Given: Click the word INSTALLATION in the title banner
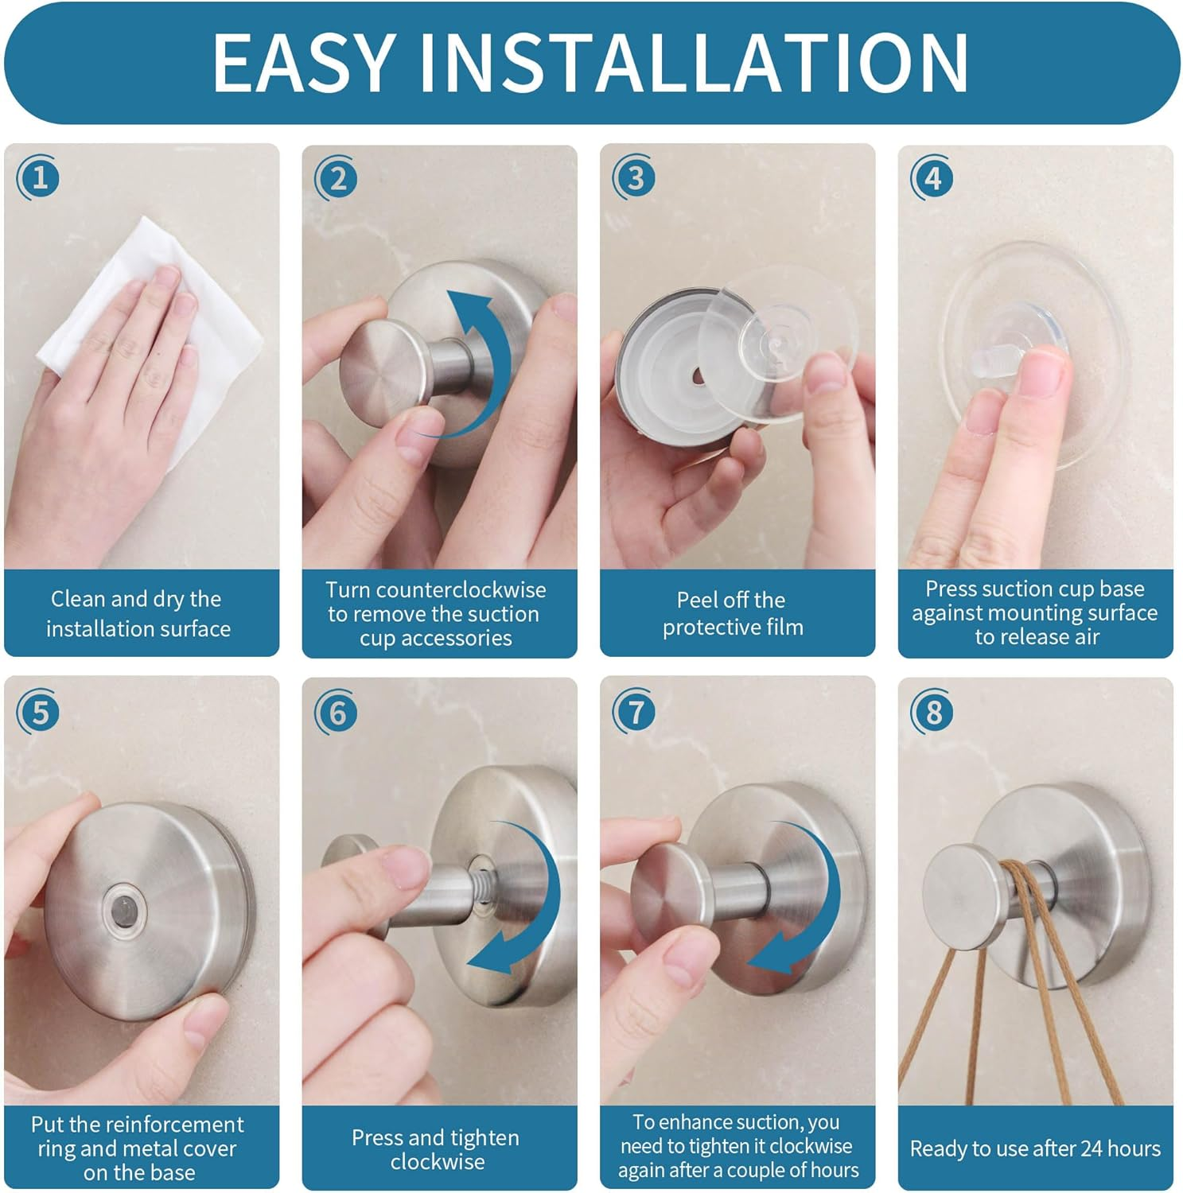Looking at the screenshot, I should [693, 64].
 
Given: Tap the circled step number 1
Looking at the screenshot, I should [39, 177].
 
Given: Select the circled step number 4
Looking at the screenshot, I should [932, 178].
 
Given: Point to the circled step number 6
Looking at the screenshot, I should [337, 713].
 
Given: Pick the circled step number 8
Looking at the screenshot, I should [932, 713].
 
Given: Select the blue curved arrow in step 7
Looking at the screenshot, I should [811, 899].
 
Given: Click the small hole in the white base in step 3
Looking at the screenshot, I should [697, 375].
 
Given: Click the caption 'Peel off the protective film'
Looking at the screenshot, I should [732, 613].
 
